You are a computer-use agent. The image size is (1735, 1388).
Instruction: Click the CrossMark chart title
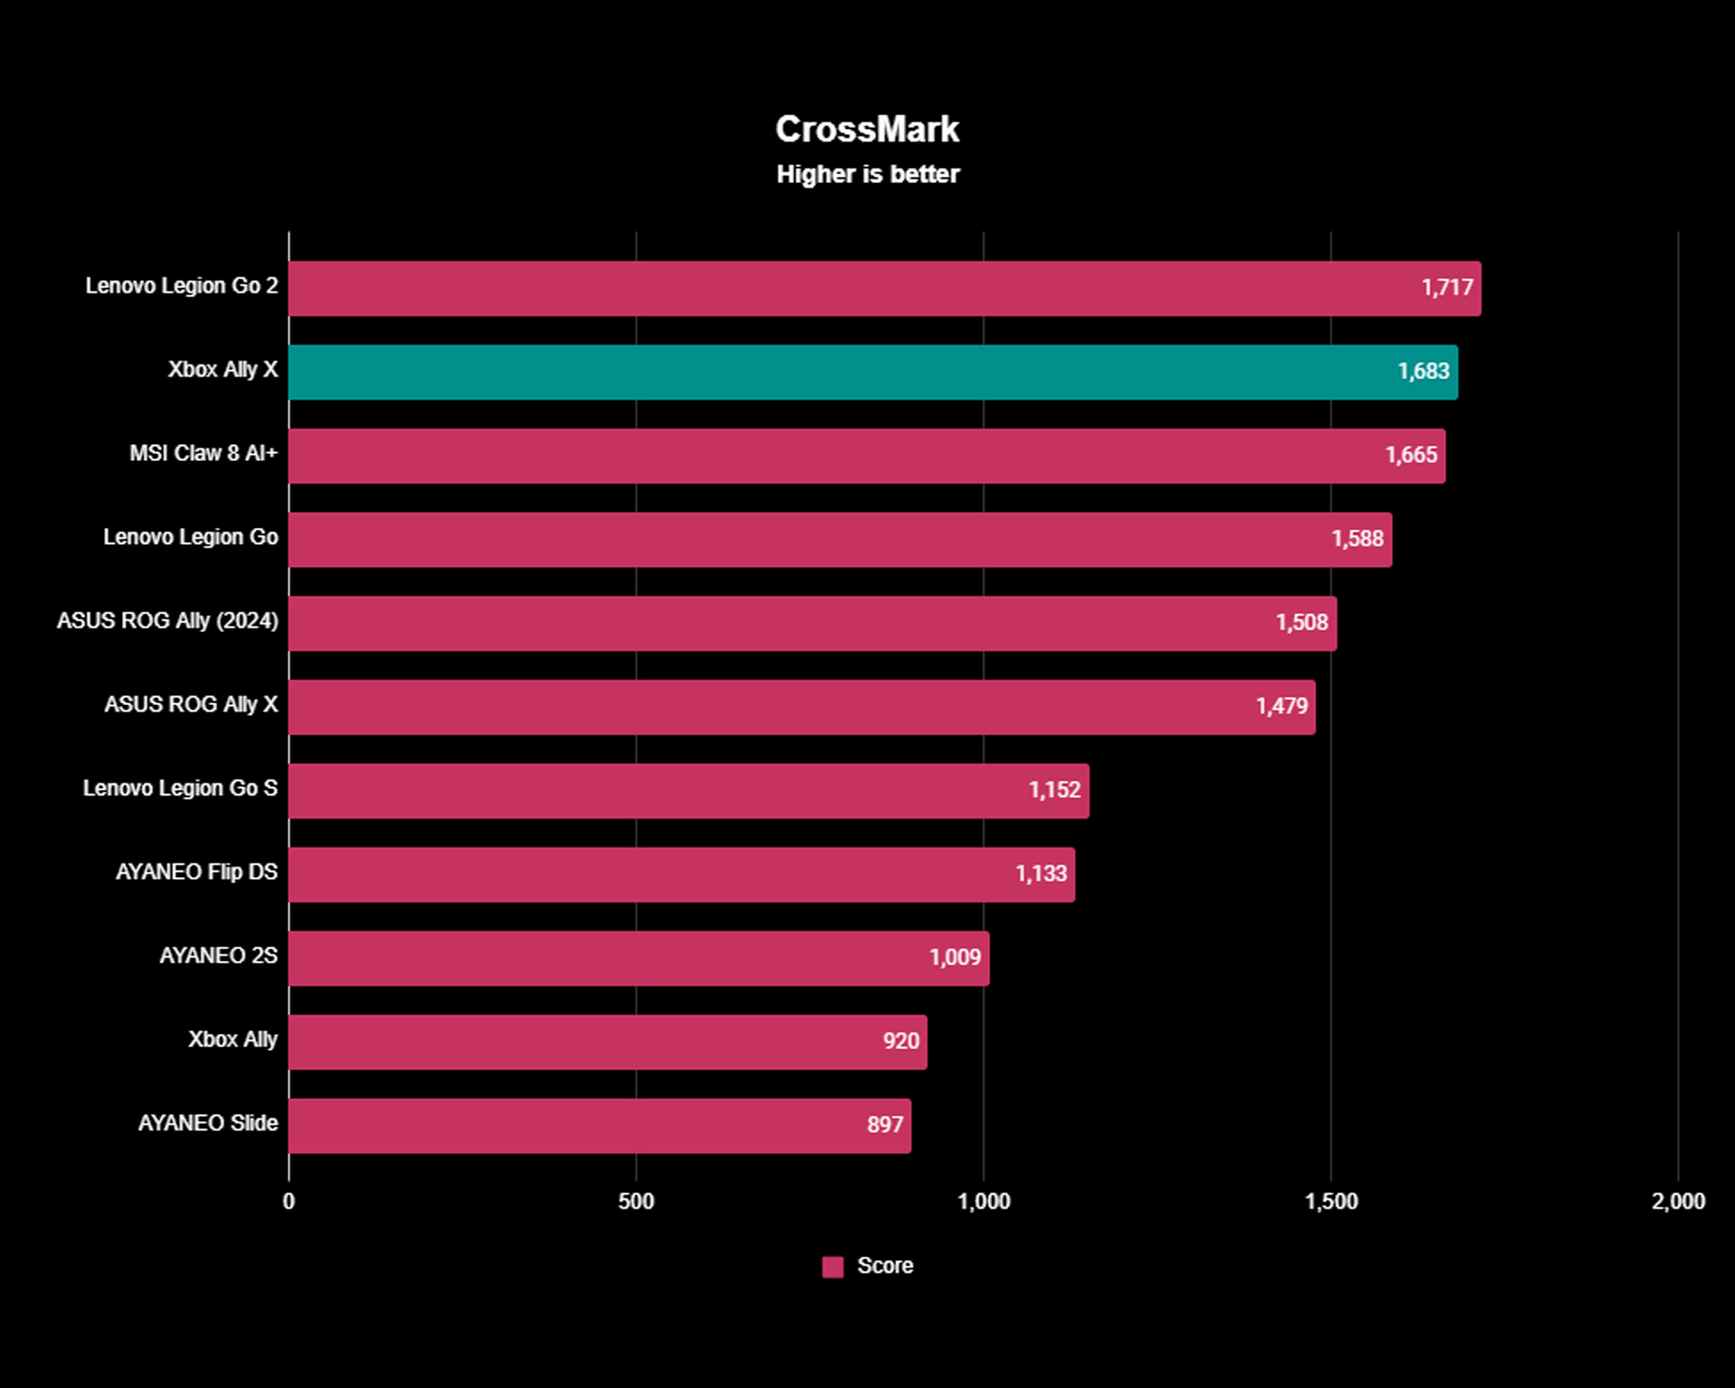coord(867,130)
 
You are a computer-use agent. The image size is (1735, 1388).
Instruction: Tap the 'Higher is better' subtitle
coord(867,175)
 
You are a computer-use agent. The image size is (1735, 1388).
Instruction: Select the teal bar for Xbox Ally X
coord(873,372)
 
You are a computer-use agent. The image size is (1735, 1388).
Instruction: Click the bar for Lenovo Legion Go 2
coord(884,288)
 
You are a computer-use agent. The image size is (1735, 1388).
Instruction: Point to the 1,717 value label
coord(1447,288)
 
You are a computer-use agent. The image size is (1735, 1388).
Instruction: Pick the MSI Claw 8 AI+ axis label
coord(203,453)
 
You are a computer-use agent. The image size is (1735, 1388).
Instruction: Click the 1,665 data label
coord(1411,456)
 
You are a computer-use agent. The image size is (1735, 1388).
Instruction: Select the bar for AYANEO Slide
coord(599,1125)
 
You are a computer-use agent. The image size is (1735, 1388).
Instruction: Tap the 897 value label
coord(884,1125)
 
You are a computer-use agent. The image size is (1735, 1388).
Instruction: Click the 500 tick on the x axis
coord(635,1202)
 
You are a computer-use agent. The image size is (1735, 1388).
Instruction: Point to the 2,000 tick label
coord(1677,1202)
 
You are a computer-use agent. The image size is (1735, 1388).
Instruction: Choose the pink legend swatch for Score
coord(833,1267)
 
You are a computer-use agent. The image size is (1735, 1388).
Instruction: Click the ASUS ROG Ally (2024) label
coord(168,621)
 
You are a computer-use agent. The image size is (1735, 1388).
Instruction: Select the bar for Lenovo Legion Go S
coord(688,791)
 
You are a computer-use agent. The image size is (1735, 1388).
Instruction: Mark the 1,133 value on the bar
coord(1040,874)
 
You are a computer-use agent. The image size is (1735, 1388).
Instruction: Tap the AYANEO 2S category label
coord(219,956)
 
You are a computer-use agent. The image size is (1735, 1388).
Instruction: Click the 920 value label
coord(901,1041)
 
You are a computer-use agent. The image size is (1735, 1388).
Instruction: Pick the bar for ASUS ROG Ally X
coord(801,707)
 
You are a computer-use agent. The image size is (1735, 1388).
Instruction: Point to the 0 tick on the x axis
coord(289,1202)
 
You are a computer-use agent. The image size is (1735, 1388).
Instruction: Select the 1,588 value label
coord(1357,539)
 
